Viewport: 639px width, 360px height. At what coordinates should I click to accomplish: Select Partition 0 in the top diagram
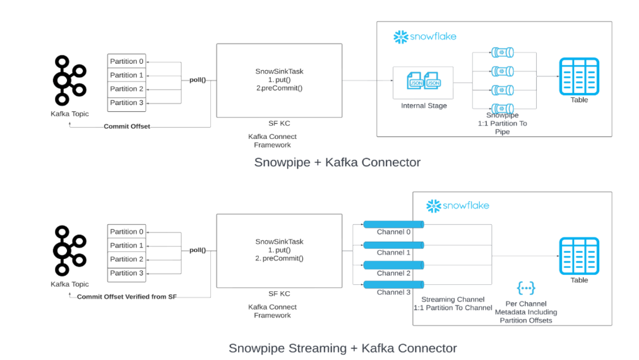click(127, 61)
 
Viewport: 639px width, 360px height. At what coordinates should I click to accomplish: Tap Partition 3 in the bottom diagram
click(127, 273)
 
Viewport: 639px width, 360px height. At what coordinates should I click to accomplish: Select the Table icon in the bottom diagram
click(578, 256)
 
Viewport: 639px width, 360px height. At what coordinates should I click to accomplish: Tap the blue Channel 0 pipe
click(393, 224)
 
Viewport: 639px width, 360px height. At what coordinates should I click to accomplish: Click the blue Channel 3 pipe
click(393, 285)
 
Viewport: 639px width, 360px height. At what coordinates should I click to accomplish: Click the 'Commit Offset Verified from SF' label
click(126, 297)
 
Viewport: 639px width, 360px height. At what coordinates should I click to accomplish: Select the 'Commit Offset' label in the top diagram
click(127, 126)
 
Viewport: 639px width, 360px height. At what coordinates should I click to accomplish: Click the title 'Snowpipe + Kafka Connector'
click(337, 162)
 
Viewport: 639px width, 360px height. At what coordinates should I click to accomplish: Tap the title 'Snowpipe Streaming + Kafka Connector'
click(342, 348)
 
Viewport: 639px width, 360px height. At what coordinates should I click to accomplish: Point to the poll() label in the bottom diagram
click(198, 250)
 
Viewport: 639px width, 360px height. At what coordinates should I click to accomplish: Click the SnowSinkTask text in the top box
click(278, 71)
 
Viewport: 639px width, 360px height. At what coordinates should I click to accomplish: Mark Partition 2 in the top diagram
click(127, 89)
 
